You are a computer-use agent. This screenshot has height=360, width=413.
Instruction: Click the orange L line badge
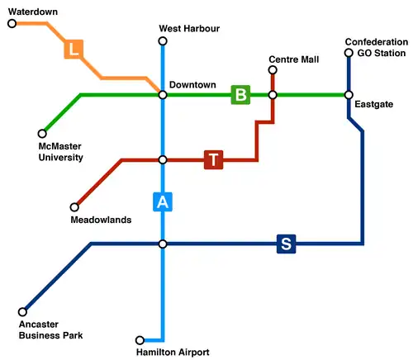tap(74, 50)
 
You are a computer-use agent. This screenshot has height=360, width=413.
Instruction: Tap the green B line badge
tap(240, 95)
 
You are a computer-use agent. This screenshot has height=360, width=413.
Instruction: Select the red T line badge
tap(214, 159)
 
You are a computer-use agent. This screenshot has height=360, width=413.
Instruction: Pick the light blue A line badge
tap(163, 201)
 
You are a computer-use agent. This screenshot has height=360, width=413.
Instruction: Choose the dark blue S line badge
tap(286, 244)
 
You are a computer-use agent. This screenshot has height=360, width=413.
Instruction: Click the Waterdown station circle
tap(12, 24)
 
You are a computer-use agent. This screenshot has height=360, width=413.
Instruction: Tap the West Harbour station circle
tap(163, 41)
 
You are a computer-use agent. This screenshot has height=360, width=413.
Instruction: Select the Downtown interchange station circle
tap(163, 95)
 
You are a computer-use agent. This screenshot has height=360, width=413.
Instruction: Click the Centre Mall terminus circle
tap(273, 70)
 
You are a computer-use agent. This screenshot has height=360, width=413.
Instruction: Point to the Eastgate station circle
tap(349, 95)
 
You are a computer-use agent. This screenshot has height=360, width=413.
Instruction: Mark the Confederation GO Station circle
tap(349, 54)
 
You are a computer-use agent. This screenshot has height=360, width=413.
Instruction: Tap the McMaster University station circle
tap(42, 133)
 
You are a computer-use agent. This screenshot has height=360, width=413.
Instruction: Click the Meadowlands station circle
tap(74, 207)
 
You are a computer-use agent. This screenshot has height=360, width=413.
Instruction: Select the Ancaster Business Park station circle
tap(22, 312)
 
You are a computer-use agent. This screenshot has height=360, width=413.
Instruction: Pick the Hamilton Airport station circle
tap(140, 340)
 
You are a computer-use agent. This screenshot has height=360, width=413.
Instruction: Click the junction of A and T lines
tap(163, 159)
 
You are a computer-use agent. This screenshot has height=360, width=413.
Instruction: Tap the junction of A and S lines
tap(163, 244)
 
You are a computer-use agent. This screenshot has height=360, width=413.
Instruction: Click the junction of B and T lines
tap(273, 95)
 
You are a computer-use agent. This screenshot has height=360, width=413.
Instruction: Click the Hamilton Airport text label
tap(173, 353)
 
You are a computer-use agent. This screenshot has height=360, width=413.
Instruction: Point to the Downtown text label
tap(192, 85)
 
